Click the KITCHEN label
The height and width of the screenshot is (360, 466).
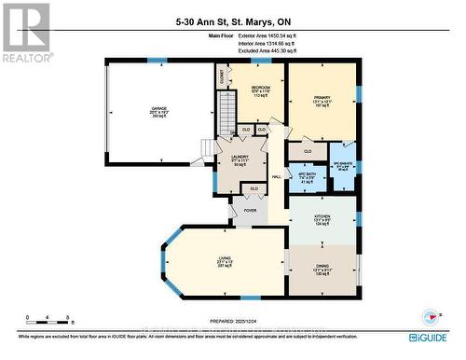[x=322, y=218]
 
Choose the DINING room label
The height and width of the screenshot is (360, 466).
[x=322, y=270]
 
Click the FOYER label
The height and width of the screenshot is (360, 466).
[x=250, y=211]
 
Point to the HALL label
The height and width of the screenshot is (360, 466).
[x=277, y=176]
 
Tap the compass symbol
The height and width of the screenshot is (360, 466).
[x=430, y=314]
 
